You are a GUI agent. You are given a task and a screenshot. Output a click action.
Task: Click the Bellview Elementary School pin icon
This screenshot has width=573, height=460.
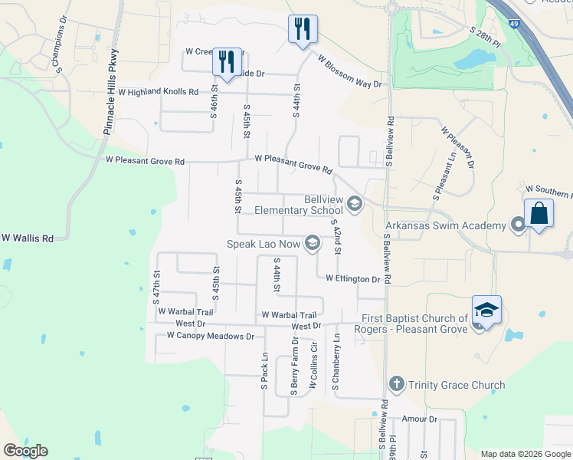click(x=354, y=204)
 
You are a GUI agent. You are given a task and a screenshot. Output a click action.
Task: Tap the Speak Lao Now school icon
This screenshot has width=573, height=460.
click(x=312, y=244)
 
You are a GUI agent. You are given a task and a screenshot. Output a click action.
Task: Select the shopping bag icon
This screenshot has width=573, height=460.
click(x=539, y=213)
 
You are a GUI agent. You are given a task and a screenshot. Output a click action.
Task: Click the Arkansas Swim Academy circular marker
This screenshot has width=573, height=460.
click(x=518, y=225)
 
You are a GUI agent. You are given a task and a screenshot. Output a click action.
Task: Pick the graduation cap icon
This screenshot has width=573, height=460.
click(x=486, y=310)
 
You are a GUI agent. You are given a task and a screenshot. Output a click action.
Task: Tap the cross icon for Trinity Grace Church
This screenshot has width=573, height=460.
click(x=396, y=384)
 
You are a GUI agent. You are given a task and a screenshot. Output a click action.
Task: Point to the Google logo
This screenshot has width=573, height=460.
click(x=25, y=451)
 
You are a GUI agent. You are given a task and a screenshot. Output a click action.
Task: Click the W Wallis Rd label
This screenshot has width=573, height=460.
click(x=27, y=238)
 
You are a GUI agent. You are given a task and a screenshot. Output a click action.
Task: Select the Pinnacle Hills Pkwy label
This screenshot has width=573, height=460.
click(x=110, y=93)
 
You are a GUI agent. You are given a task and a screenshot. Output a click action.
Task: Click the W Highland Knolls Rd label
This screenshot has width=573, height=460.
click(x=158, y=91)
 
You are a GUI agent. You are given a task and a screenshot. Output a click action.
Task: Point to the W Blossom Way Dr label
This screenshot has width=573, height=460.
click(x=349, y=71)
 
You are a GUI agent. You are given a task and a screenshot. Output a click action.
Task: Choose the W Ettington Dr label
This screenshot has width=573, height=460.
click(x=352, y=279)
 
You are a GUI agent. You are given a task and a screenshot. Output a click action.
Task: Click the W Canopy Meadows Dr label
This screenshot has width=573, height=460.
click(x=205, y=336)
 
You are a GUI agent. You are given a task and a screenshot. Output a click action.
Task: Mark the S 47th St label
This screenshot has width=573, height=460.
click(x=156, y=284)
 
